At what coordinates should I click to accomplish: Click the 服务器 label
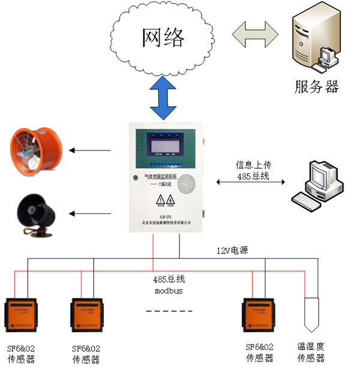click(316, 87)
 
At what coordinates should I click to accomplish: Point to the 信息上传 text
click(252, 164)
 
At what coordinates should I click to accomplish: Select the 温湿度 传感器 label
click(311, 352)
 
